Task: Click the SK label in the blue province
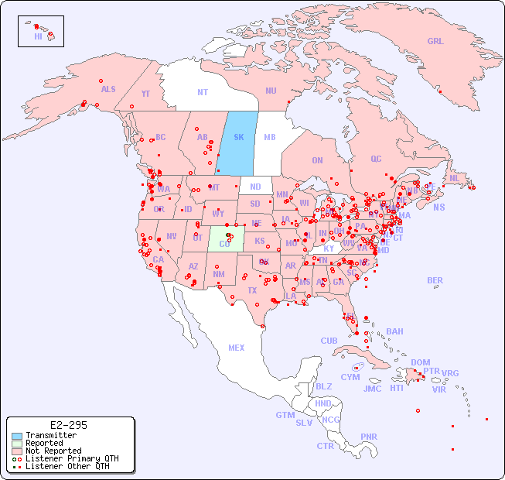238,137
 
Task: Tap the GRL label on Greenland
435,41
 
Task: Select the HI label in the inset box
38,36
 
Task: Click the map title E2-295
68,425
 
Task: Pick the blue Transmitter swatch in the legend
17,436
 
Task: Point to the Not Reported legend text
53,451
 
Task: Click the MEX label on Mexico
237,348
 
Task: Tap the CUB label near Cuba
329,341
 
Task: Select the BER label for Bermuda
435,280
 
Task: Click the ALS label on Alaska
108,89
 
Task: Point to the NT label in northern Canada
203,92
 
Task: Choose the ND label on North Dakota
255,187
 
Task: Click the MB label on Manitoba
270,137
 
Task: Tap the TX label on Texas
252,290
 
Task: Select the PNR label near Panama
369,437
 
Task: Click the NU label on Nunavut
271,91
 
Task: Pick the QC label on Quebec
376,159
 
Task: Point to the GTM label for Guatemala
285,415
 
